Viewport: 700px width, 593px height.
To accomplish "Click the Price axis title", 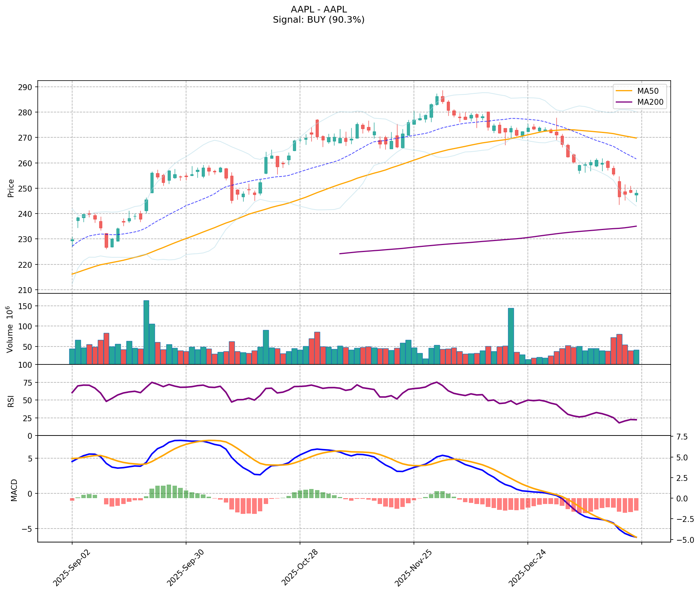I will pos(11,188).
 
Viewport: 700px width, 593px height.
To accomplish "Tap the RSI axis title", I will pos(11,401).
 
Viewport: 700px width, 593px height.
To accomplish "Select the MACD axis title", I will pos(14,490).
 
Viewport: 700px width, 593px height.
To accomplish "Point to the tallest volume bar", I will pos(146,332).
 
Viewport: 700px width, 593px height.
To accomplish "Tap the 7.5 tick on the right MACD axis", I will pos(682,437).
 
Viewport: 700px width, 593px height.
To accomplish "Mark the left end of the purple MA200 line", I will pos(340,253).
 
